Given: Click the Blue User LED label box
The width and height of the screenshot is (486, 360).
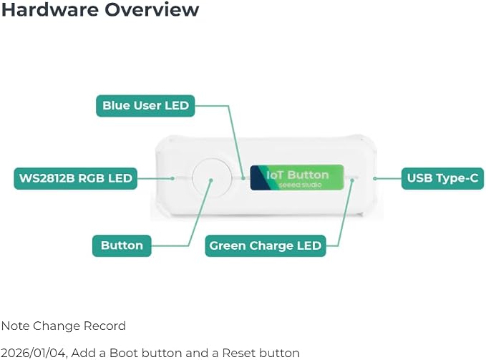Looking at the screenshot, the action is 145,106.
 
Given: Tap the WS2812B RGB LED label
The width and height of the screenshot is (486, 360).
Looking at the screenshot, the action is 76,178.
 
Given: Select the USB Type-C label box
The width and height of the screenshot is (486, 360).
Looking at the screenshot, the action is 442,178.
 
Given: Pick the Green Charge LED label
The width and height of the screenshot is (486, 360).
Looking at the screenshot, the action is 266,245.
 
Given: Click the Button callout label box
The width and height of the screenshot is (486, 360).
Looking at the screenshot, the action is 122,245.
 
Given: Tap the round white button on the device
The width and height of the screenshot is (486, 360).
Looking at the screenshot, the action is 212,177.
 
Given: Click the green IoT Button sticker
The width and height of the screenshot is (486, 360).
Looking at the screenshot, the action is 297,177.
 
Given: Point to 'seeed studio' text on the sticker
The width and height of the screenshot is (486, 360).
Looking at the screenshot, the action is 300,185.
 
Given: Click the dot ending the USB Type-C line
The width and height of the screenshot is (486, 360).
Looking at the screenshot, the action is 375,178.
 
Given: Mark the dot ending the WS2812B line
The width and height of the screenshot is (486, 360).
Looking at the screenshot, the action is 172,178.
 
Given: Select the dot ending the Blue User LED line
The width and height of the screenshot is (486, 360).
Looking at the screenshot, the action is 243,178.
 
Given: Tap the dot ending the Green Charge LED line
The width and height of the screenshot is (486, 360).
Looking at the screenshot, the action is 351,180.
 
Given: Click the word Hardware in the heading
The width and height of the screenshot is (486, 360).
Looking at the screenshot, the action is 49,9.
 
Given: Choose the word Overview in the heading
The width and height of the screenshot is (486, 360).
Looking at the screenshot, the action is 152,9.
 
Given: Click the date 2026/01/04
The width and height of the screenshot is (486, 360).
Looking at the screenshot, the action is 34,353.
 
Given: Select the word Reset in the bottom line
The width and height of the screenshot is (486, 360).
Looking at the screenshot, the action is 238,353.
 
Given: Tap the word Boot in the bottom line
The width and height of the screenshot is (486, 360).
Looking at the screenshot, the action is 124,353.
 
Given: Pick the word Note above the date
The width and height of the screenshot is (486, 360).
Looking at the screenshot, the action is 15,326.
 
